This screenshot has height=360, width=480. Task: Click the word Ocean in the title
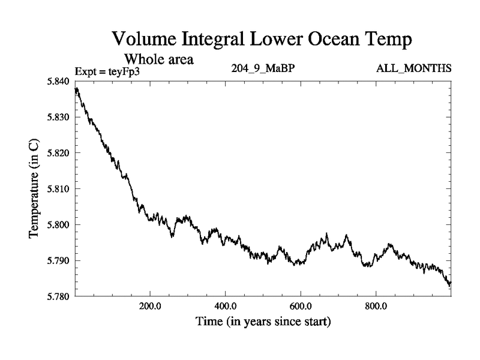coord(324,40)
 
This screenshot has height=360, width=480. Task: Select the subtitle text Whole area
coord(158,59)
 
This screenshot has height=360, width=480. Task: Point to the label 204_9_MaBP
coord(262,68)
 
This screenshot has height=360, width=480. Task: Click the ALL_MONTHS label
coord(413,68)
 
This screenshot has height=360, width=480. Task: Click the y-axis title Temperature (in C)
coord(34,189)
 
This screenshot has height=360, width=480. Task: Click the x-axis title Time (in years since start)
coord(263,322)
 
